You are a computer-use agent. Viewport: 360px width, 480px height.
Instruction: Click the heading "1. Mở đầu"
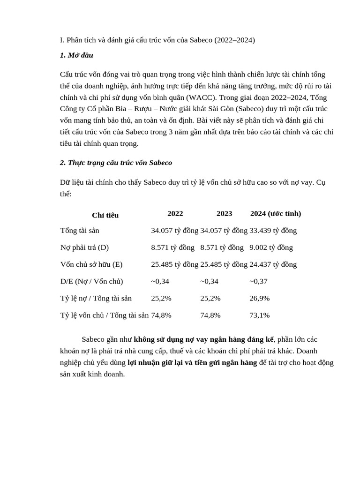(76, 55)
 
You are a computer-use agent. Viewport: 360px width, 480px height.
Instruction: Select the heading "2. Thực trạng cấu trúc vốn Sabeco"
(116, 163)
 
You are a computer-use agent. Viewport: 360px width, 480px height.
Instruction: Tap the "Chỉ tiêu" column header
(105, 215)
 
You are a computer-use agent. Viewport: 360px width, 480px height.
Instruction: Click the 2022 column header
(175, 214)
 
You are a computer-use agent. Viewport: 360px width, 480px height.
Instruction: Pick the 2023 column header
(224, 214)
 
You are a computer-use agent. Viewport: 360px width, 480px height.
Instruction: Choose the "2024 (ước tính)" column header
(276, 214)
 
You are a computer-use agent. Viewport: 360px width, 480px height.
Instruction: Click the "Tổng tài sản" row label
(80, 231)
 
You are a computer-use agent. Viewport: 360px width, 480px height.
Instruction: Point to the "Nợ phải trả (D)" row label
(84, 247)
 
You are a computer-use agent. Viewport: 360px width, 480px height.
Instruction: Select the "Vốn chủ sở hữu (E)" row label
(91, 264)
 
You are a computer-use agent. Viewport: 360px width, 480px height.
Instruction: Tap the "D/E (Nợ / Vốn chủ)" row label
(91, 281)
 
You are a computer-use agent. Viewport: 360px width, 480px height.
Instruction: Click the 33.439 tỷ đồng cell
(273, 231)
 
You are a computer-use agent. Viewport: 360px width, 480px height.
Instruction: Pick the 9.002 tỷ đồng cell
(271, 247)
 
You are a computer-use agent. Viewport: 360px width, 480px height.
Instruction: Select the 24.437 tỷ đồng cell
(273, 264)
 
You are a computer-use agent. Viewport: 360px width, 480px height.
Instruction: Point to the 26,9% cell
(260, 298)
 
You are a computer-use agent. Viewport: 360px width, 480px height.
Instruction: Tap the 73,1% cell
(260, 315)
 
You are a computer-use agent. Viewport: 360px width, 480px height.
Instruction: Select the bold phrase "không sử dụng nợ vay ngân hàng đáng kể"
(203, 339)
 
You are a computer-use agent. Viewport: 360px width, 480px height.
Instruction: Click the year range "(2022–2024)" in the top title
(234, 40)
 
